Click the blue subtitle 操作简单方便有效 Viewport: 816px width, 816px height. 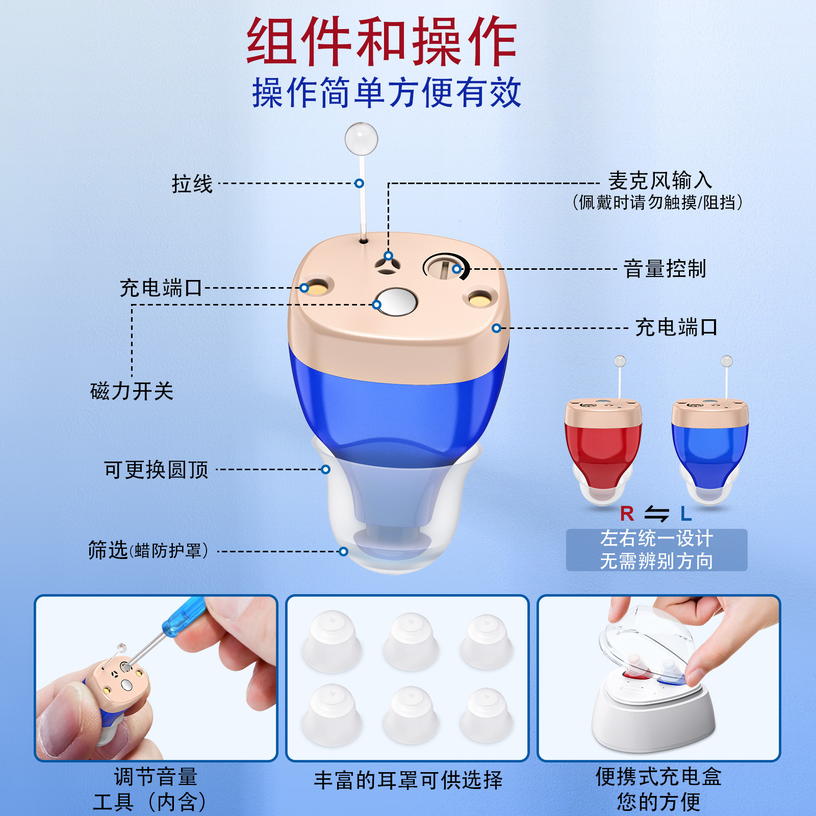point(387,93)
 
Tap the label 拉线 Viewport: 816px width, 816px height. point(192,184)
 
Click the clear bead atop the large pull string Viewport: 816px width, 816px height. point(361,138)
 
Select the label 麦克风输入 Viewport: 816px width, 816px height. point(660,181)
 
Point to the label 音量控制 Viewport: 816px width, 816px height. point(665,269)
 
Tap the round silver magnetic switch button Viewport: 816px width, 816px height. point(396,301)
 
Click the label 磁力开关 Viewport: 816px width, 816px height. point(132,391)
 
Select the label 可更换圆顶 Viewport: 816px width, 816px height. point(156,470)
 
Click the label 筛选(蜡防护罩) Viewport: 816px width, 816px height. point(148,551)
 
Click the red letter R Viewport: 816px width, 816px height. point(627,514)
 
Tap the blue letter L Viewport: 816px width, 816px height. point(686,514)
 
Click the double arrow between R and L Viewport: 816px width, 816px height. point(656,514)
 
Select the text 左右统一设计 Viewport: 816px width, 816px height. point(656,539)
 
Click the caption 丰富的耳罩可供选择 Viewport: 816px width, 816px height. point(408,780)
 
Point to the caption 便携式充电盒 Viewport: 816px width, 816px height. point(658,777)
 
